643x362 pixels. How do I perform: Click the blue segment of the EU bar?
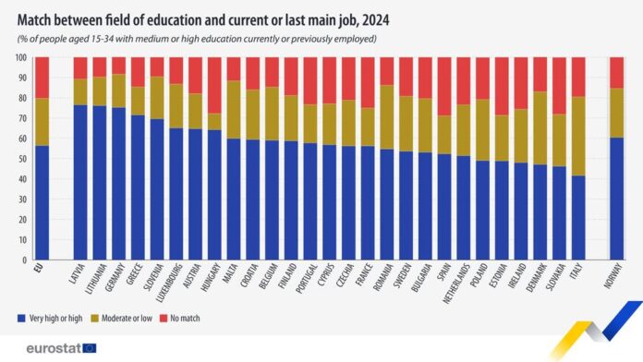[x=42, y=203]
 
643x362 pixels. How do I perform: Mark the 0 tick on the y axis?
[x=22, y=260]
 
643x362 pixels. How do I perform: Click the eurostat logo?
[x=51, y=348]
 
